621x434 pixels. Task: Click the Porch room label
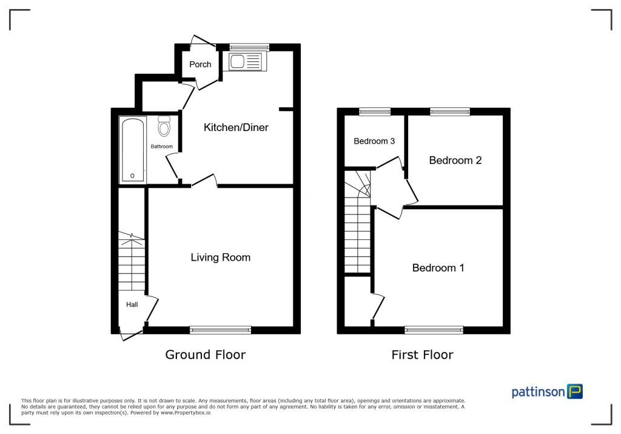coord(200,64)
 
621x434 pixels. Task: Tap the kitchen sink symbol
coord(244,61)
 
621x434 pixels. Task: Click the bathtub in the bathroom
coord(132,149)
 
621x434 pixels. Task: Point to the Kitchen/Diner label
coord(236,127)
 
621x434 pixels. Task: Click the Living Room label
coord(220,257)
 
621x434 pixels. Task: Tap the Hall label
coord(132,305)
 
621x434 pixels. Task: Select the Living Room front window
coord(220,330)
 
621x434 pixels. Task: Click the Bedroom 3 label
coord(374,141)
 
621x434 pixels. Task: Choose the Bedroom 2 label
coord(455,160)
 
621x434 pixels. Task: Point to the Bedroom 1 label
coord(438,267)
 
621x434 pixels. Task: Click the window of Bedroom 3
coord(374,111)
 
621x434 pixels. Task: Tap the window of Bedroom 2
coord(450,111)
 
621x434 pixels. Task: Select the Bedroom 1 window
coord(434,330)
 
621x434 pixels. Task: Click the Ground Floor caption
coord(206,355)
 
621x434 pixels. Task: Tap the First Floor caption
coord(422,355)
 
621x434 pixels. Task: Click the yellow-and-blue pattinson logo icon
coord(574,391)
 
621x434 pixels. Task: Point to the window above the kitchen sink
coord(249,47)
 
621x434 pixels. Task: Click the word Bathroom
coord(161,147)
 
